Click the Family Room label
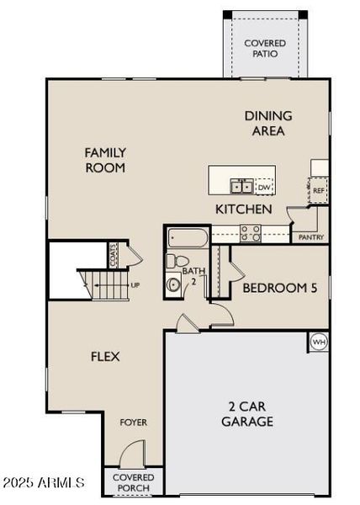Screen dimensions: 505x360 105,160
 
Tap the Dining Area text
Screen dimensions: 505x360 268,123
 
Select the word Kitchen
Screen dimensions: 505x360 243,209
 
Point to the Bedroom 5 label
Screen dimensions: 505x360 279,288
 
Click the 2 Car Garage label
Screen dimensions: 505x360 247,413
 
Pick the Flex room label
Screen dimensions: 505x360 105,356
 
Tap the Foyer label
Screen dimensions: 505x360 133,421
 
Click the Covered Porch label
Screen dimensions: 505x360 133,483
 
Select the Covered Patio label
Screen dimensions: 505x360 264,48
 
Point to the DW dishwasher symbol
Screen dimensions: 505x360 264,187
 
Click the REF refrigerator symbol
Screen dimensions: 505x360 319,191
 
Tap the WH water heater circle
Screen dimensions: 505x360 319,342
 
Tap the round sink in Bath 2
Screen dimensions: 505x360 174,284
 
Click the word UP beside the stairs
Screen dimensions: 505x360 135,285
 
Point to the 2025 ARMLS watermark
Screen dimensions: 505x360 44,482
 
